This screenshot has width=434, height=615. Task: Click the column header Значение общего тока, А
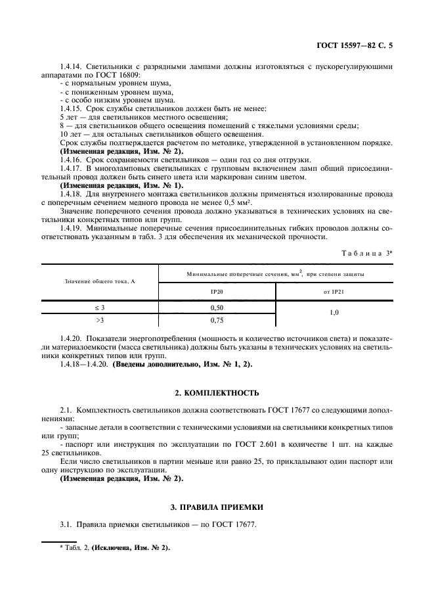pyautogui.click(x=100, y=281)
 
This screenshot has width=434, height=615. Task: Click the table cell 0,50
pyautogui.click(x=217, y=307)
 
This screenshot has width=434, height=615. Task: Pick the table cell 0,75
pyautogui.click(x=217, y=320)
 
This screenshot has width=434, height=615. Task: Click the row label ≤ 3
pyautogui.click(x=100, y=307)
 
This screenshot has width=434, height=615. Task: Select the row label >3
pyautogui.click(x=100, y=320)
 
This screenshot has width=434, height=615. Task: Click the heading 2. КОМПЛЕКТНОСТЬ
pyautogui.click(x=217, y=393)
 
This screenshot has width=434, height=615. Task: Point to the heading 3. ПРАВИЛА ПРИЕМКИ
pyautogui.click(x=217, y=507)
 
